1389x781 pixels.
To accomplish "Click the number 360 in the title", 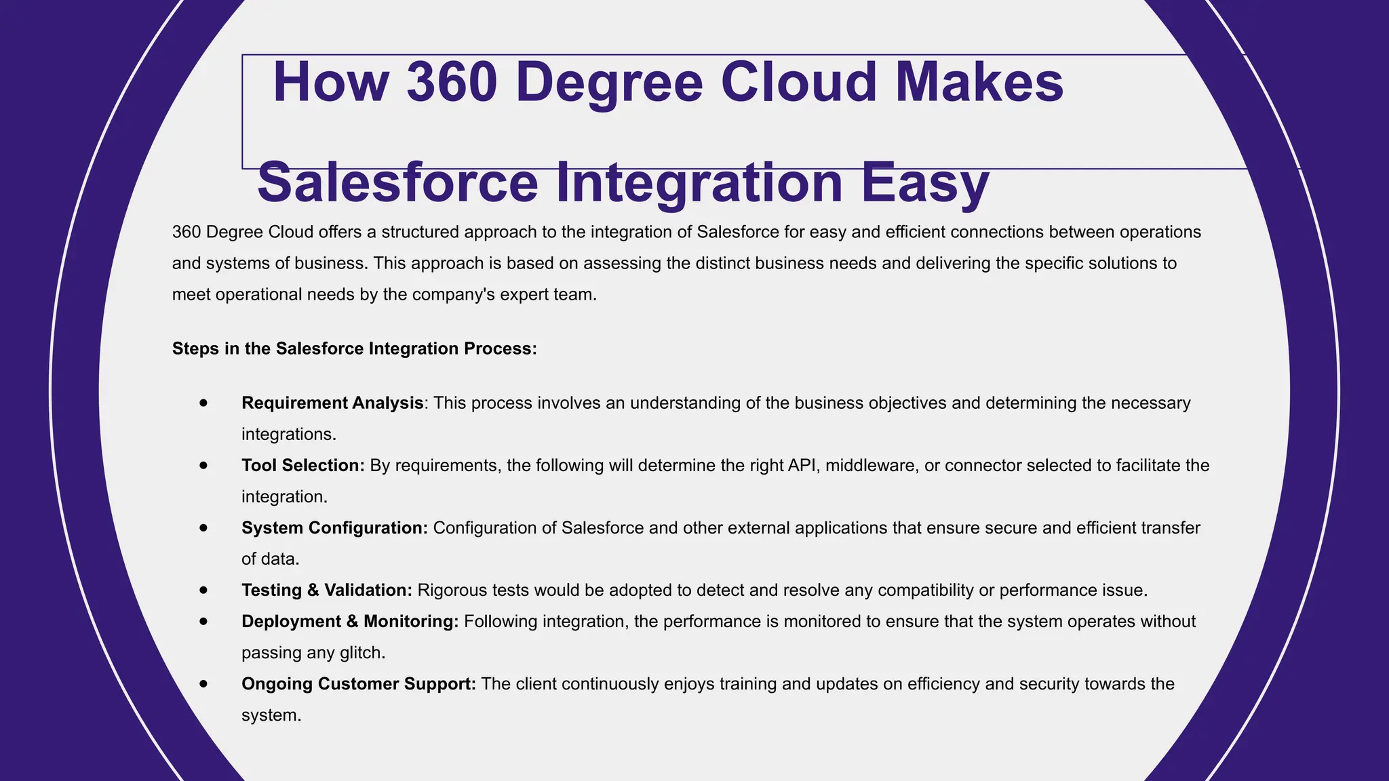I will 452,82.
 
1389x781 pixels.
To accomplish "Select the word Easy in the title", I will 925,183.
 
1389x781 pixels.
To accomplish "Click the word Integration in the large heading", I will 699,183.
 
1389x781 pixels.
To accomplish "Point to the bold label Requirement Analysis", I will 332,403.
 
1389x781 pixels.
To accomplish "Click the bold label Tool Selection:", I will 303,466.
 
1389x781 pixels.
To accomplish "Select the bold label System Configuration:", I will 334,528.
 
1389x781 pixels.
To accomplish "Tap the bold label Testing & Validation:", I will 327,590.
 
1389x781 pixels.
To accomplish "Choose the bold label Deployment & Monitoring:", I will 350,622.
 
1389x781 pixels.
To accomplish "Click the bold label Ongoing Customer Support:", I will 359,684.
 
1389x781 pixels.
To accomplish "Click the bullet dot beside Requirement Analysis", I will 203,403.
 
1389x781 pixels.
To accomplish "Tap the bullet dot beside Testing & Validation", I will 203,590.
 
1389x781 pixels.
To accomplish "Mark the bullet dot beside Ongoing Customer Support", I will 203,684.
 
